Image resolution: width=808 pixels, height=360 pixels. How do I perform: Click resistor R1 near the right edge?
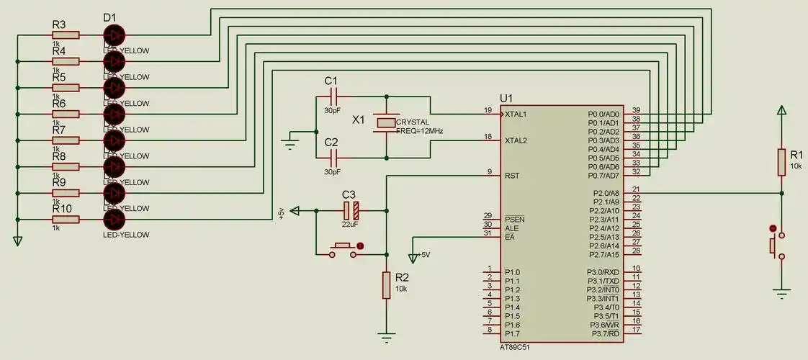[781, 162]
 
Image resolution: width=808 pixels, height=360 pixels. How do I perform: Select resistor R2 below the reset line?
[387, 285]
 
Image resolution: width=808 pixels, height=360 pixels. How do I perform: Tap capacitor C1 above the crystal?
[333, 95]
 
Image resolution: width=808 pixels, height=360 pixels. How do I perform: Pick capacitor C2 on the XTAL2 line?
[333, 156]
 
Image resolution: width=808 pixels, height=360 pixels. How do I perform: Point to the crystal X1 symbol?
[387, 124]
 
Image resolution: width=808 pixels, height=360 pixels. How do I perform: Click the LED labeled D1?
[114, 35]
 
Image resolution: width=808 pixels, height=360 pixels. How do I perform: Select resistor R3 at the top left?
[66, 35]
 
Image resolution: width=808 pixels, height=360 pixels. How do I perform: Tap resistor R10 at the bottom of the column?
[66, 219]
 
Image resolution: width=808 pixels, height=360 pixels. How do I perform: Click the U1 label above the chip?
[506, 98]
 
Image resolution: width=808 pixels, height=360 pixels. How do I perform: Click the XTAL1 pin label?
[516, 114]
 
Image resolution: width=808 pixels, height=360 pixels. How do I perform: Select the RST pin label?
[512, 176]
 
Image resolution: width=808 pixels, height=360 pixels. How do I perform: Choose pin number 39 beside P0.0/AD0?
[636, 110]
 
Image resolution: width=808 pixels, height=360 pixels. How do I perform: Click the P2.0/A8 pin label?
[603, 193]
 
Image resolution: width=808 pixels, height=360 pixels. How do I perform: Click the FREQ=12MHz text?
[419, 131]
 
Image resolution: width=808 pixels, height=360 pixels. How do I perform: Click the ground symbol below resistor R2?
[387, 336]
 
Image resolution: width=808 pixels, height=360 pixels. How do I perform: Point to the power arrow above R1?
[781, 110]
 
